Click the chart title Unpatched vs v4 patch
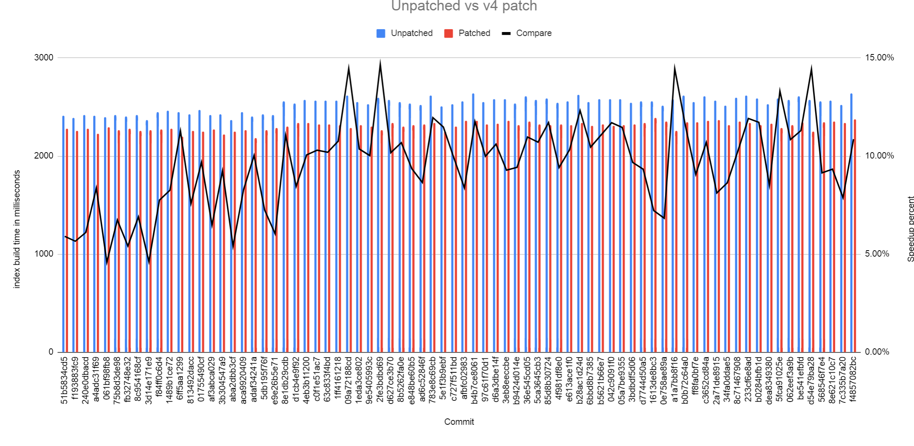464,6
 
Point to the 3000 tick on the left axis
44,58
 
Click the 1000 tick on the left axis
44,254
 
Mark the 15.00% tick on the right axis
879,58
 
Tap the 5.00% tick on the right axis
877,254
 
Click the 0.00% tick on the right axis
877,352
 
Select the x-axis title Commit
459,422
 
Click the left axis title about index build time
17,229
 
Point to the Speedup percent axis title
910,229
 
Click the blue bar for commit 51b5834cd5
63,240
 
